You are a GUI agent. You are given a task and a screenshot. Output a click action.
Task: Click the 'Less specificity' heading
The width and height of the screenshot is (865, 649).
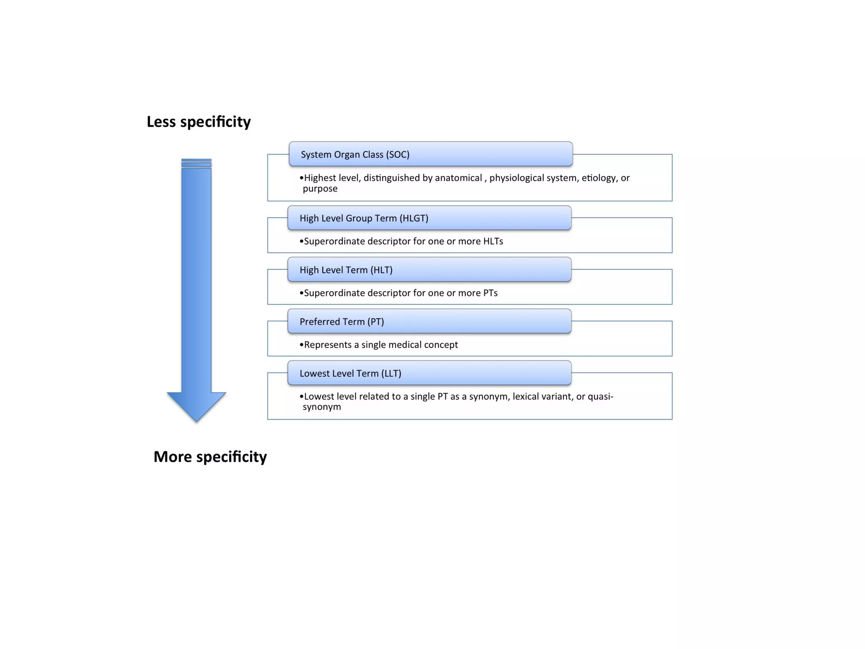click(199, 122)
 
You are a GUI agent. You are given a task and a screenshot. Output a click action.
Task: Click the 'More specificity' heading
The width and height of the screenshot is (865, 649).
click(210, 457)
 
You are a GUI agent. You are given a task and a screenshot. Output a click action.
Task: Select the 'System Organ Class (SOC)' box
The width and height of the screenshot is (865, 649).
click(430, 154)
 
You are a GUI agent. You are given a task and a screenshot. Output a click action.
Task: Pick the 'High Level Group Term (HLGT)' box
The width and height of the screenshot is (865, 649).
click(429, 218)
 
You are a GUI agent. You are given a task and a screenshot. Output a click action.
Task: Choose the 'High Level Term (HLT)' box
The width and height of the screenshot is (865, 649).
click(429, 270)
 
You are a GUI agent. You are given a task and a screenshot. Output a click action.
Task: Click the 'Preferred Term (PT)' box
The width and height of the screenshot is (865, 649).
click(429, 322)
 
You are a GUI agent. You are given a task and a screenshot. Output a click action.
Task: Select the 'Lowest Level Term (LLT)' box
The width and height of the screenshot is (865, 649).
click(429, 373)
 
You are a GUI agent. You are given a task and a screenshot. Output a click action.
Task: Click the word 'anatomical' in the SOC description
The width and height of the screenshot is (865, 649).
click(458, 178)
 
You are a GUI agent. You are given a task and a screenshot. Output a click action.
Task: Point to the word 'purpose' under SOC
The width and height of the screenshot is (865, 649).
click(320, 189)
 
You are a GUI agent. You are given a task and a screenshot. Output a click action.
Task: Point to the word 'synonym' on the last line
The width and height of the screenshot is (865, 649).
click(322, 407)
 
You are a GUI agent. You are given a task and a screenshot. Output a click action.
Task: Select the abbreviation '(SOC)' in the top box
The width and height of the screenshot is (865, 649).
click(397, 155)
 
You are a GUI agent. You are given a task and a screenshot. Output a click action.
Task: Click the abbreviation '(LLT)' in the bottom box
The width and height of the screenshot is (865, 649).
click(391, 374)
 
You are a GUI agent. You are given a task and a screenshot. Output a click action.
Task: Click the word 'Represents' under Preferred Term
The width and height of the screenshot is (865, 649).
click(328, 345)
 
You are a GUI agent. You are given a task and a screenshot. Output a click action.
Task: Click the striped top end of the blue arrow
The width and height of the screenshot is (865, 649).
click(196, 163)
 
